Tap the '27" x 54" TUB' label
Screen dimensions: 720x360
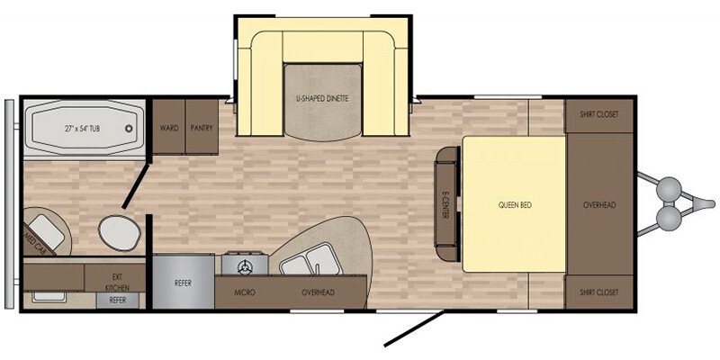coord(82,129)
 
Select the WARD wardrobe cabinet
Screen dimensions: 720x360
coord(169,127)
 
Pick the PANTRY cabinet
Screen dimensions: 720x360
coord(202,127)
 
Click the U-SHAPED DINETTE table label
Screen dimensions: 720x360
coord(322,98)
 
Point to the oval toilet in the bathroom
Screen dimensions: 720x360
coord(120,233)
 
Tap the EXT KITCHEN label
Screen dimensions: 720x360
coord(117,283)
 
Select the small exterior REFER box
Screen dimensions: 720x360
coord(117,301)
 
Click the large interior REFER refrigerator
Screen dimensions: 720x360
coord(184,283)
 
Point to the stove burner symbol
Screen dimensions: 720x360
coord(245,266)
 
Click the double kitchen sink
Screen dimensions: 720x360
coord(310,259)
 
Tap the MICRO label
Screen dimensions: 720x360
coord(244,292)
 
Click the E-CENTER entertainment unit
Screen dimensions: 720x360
coord(447,204)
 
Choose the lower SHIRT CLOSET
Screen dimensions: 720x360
coord(598,292)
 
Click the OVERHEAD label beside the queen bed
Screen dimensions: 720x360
coord(599,205)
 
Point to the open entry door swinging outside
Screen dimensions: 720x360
coord(414,328)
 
